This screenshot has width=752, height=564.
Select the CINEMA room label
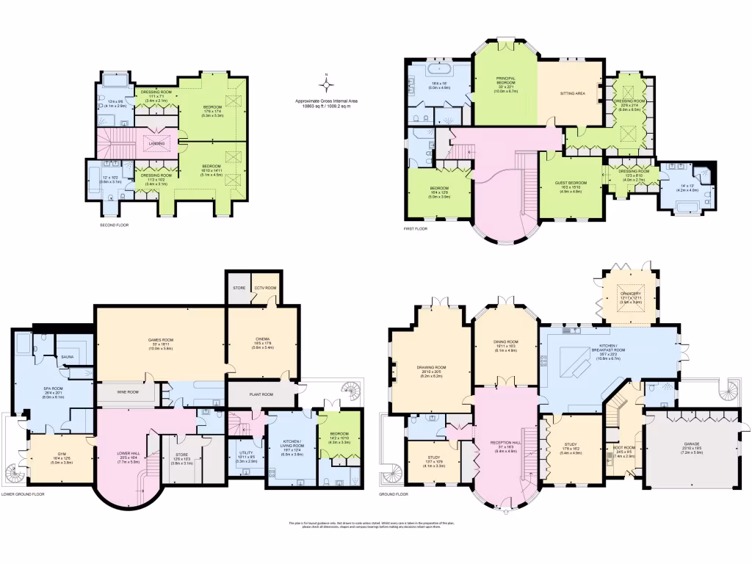[x=262, y=339]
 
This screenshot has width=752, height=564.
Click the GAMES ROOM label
[x=159, y=339]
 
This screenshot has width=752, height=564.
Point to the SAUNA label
[x=68, y=356]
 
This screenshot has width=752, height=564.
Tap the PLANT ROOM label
[x=261, y=394]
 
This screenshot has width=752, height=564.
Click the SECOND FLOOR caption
[x=114, y=225]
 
